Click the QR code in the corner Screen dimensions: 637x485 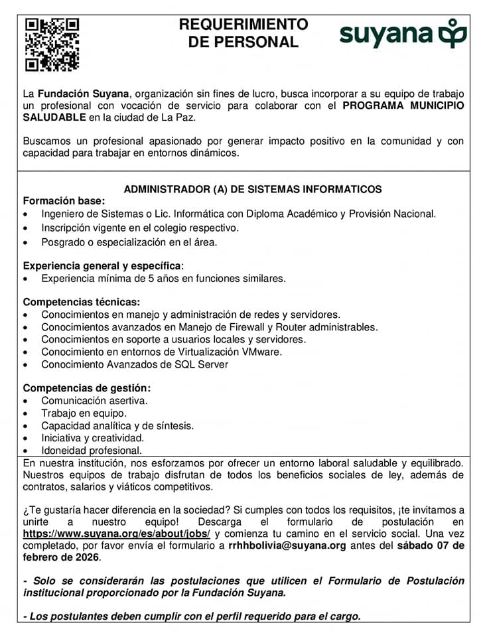point(52,44)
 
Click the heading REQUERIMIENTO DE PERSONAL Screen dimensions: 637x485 point(243,33)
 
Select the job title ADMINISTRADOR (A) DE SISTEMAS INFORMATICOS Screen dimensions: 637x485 point(253,189)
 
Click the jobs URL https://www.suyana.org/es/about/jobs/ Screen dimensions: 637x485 point(116,533)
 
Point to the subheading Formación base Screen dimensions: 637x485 point(64,201)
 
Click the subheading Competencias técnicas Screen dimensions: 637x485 point(82,302)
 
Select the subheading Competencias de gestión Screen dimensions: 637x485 point(87,388)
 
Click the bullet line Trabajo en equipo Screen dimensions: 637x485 point(84,413)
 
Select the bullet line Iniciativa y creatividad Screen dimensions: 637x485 point(93,438)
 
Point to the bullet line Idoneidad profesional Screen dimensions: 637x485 point(92,451)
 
